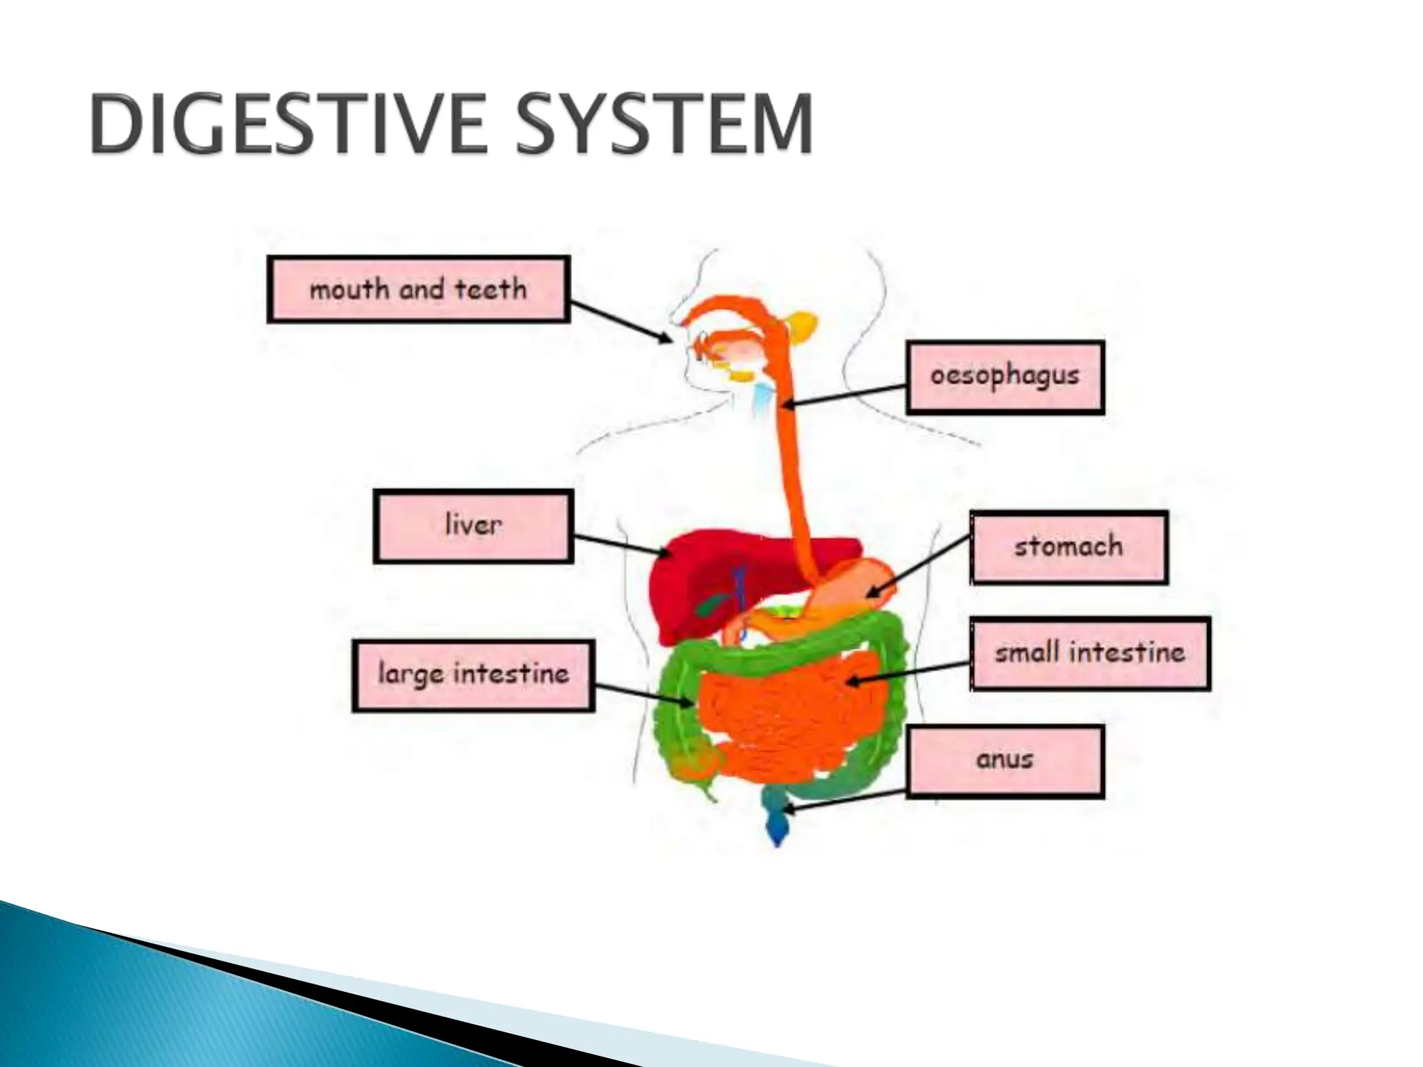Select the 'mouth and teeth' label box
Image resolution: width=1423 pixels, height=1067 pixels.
coord(418,289)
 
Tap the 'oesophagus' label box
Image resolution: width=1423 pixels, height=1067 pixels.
coord(1005,377)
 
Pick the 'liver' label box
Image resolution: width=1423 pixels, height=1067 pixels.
coord(473,526)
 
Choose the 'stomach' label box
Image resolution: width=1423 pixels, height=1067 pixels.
coord(1069,547)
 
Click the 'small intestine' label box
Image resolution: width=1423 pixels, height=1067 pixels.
coord(1089,653)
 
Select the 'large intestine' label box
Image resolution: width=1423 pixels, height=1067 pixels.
coord(473,675)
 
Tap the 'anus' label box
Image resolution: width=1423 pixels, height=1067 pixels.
coord(1005,761)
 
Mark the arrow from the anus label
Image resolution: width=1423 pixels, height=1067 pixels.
coord(844,800)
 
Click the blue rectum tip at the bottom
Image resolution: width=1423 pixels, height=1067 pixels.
coord(777,830)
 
